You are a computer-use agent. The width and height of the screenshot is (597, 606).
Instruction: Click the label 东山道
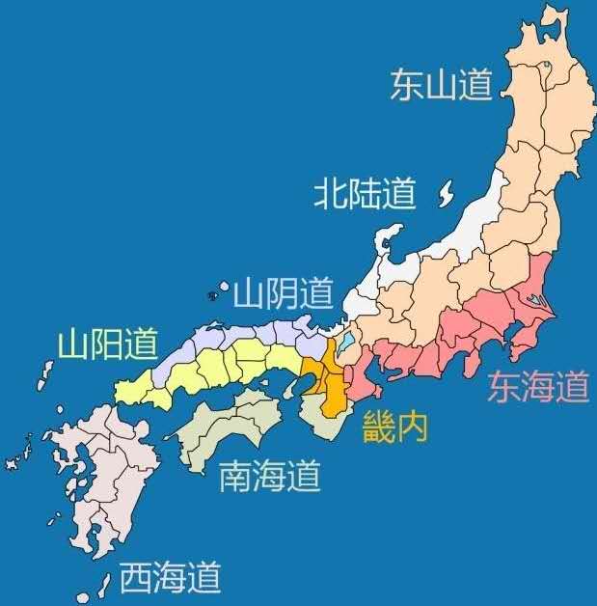(x=441, y=84)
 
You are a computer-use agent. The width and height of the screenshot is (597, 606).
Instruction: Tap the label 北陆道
(x=365, y=195)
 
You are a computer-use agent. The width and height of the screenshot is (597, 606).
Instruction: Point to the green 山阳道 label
(x=106, y=344)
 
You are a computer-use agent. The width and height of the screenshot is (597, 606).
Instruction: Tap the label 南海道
(x=269, y=476)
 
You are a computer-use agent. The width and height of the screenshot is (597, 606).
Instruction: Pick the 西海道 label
(x=170, y=578)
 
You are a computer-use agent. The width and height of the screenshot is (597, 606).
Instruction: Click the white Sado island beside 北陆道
(x=445, y=195)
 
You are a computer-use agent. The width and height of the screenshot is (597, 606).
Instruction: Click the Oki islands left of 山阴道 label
(x=214, y=293)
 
